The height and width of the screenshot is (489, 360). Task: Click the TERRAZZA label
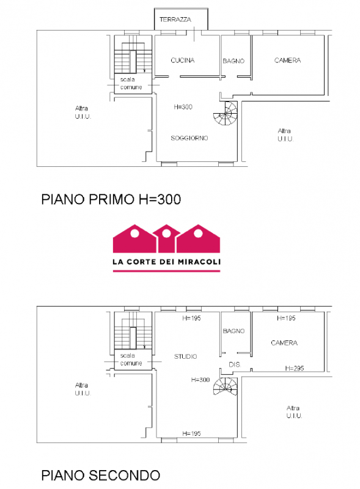click(x=175, y=20)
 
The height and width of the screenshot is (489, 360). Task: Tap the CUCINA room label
click(x=183, y=60)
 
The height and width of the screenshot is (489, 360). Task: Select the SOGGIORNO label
click(x=189, y=138)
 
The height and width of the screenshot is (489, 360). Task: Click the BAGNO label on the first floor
click(x=233, y=61)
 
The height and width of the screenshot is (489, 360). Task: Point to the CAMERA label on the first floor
click(x=287, y=60)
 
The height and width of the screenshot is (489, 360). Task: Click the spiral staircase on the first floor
click(x=226, y=113)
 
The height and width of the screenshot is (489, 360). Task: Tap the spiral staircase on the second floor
click(x=226, y=387)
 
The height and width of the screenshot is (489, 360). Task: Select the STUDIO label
click(x=185, y=356)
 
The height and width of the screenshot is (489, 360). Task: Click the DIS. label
click(x=235, y=364)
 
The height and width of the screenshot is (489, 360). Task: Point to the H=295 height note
click(x=294, y=368)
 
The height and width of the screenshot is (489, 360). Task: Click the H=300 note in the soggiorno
click(x=183, y=106)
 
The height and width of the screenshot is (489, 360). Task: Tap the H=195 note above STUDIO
click(x=191, y=318)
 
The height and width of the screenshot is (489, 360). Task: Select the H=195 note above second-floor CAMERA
click(x=286, y=318)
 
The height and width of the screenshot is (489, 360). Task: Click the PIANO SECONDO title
click(x=100, y=476)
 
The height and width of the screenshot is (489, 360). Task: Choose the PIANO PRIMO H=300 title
click(x=111, y=199)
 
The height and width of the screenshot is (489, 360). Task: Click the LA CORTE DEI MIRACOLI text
click(x=167, y=262)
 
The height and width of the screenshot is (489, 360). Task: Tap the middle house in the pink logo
click(x=166, y=238)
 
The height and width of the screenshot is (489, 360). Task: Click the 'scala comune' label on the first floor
click(x=131, y=83)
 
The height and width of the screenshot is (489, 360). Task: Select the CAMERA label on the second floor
click(x=284, y=343)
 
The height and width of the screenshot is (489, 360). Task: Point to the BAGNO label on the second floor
click(x=233, y=331)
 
